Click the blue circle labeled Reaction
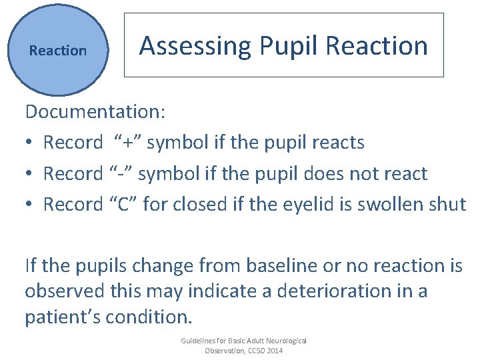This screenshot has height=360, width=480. click(x=58, y=50)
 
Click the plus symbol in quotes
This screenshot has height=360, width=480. click(x=127, y=143)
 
